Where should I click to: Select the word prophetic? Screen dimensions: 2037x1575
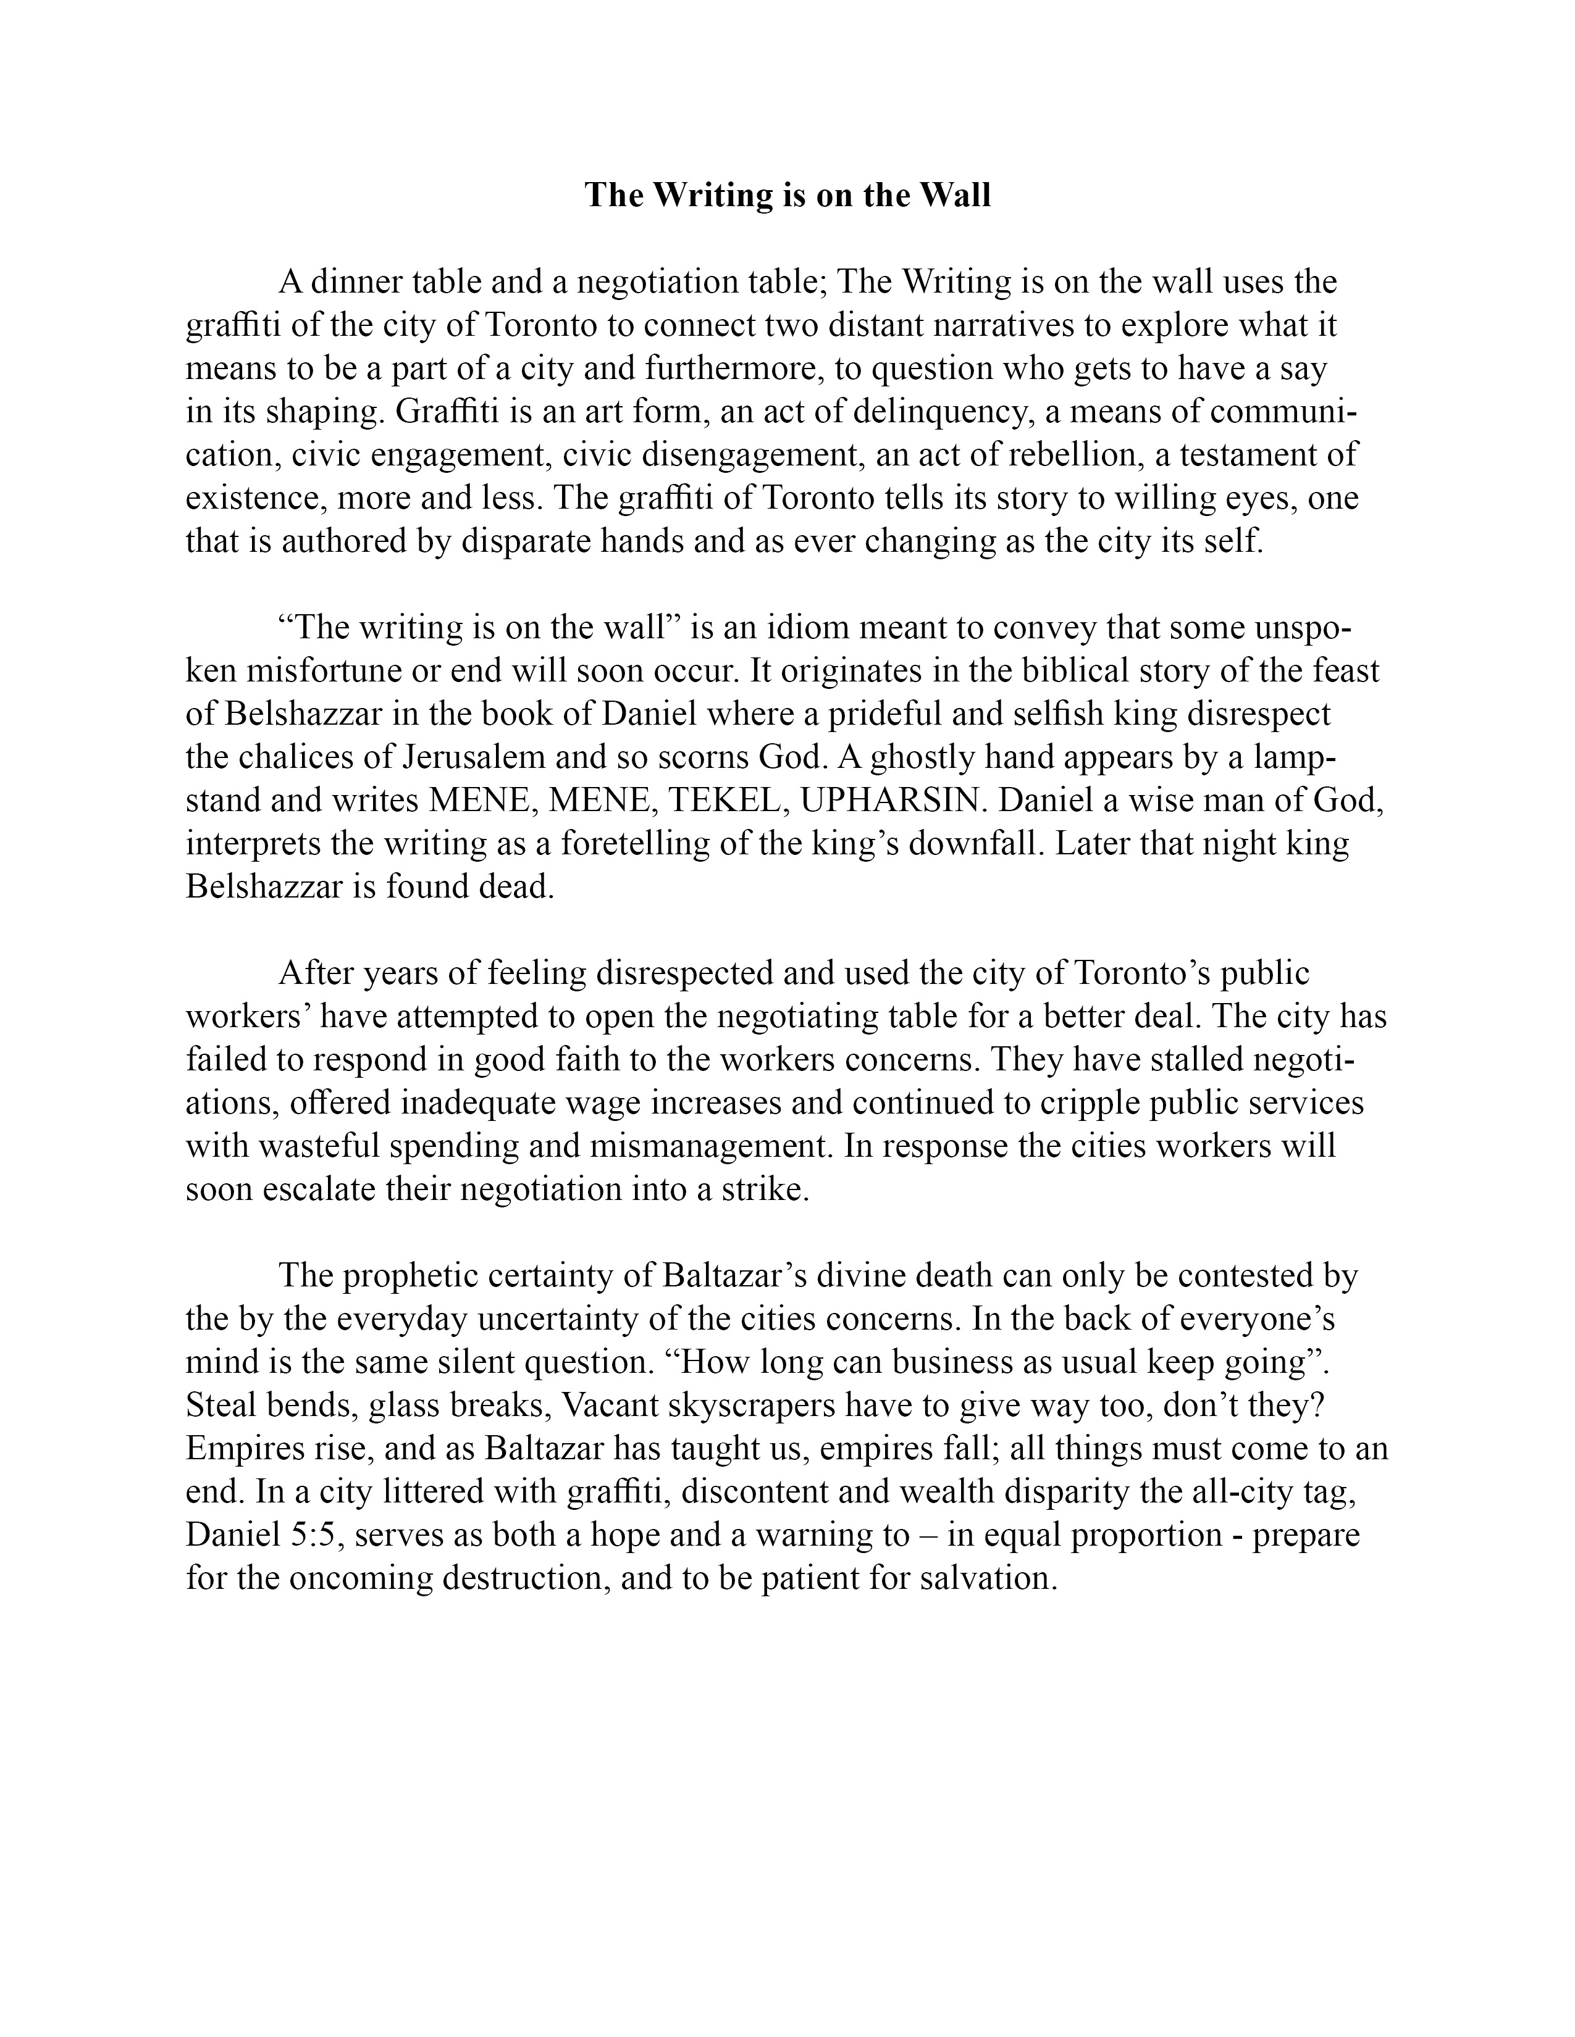414,1276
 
